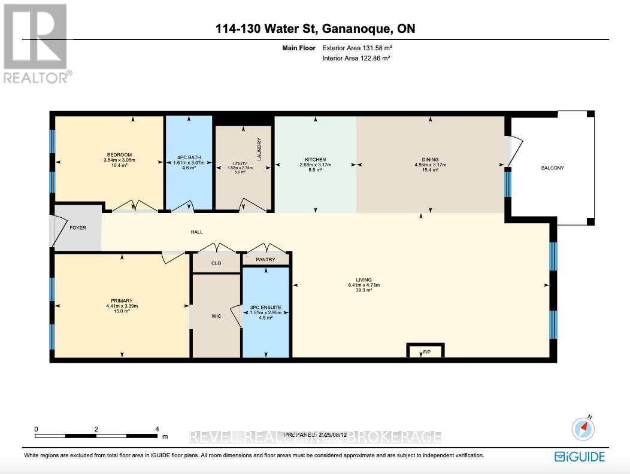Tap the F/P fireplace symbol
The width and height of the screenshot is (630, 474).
[x=426, y=352]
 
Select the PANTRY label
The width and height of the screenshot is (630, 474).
[x=265, y=259]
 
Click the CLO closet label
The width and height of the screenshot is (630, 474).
[x=216, y=263]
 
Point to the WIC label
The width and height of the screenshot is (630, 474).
[x=216, y=315]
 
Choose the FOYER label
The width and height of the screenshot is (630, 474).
[x=78, y=227]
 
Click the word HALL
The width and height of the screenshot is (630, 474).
[x=197, y=232]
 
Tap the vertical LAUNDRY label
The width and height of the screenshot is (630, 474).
[x=259, y=145]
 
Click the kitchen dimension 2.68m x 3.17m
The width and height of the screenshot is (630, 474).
[x=316, y=165]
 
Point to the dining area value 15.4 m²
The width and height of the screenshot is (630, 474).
[x=431, y=171]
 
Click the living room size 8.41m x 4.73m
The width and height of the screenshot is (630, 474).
[x=364, y=285]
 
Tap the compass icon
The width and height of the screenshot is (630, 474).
[x=583, y=428]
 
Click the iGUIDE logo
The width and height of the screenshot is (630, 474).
[x=579, y=456]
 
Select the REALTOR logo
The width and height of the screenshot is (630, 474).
[x=36, y=43]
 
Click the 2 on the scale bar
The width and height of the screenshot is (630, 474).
[x=96, y=429]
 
